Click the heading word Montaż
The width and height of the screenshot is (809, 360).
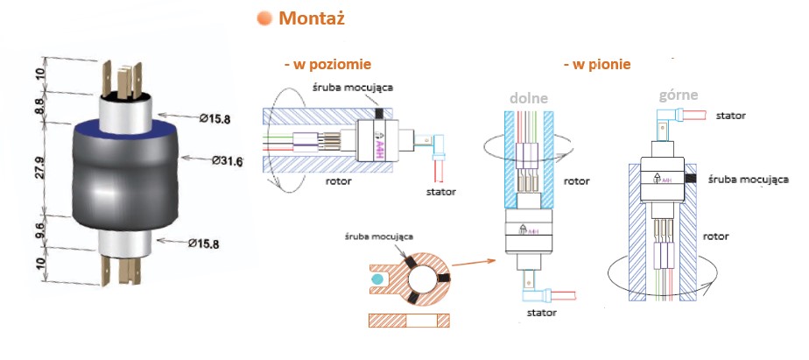click(x=311, y=18)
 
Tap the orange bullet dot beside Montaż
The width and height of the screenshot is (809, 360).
click(x=264, y=19)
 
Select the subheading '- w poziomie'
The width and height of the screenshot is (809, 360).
click(x=327, y=65)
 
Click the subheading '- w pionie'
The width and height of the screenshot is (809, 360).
click(x=597, y=65)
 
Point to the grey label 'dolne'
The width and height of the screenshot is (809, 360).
click(x=528, y=98)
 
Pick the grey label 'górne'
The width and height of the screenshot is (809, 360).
click(x=679, y=95)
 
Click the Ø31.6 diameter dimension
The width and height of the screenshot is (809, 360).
click(x=227, y=160)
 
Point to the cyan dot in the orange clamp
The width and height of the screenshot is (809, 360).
click(x=377, y=279)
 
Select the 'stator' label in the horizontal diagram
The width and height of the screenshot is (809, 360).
click(x=441, y=192)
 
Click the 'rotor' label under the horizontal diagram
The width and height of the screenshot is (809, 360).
click(x=339, y=181)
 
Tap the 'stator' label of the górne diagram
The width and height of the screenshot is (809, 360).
click(x=730, y=116)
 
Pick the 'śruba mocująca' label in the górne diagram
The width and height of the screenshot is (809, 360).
click(x=748, y=180)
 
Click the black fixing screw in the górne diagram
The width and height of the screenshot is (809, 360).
click(x=692, y=178)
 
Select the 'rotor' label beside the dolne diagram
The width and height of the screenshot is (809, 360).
click(x=577, y=181)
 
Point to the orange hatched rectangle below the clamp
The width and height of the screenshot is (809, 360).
click(x=409, y=321)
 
